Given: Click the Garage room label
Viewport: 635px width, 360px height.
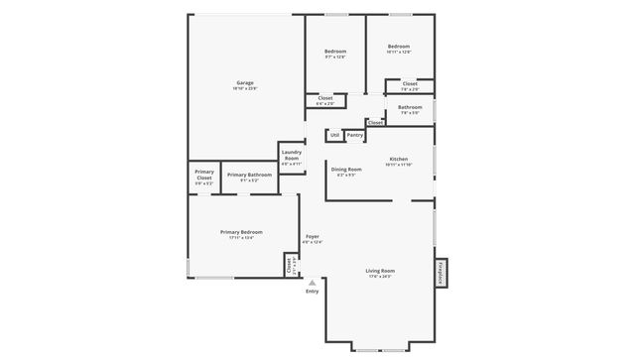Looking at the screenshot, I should click(x=244, y=83).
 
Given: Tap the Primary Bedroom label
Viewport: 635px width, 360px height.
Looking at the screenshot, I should click(x=241, y=233).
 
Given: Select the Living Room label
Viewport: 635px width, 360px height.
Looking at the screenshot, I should click(x=380, y=272).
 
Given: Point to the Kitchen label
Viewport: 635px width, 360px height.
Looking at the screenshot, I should click(x=398, y=160).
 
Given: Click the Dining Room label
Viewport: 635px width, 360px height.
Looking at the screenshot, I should click(x=345, y=171).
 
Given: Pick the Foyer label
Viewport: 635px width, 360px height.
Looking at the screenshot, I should click(x=312, y=237).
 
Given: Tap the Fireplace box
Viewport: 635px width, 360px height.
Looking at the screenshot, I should click(x=442, y=273).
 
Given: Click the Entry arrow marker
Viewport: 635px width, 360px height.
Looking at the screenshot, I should click(x=312, y=283).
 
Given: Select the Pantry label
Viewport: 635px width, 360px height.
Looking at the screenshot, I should click(x=354, y=135).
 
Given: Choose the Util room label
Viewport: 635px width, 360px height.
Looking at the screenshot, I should click(x=334, y=135).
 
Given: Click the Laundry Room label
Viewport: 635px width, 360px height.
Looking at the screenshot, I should click(x=291, y=156).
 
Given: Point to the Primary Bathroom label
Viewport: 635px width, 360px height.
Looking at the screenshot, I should click(x=248, y=176).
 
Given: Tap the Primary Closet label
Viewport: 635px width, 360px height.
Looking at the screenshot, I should click(x=204, y=176).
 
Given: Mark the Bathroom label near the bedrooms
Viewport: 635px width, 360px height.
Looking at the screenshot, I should click(x=410, y=108).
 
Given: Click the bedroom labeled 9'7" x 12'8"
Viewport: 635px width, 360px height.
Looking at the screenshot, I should click(x=334, y=54).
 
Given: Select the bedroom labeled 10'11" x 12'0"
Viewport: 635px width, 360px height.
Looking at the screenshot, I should click(x=398, y=49).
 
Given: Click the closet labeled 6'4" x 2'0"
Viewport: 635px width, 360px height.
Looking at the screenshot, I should click(x=324, y=99).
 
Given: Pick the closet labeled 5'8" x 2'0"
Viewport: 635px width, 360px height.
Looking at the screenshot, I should click(x=410, y=85).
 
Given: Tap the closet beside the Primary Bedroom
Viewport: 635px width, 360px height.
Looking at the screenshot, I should click(x=290, y=265).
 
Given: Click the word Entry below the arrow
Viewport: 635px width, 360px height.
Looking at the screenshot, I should click(x=312, y=292).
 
